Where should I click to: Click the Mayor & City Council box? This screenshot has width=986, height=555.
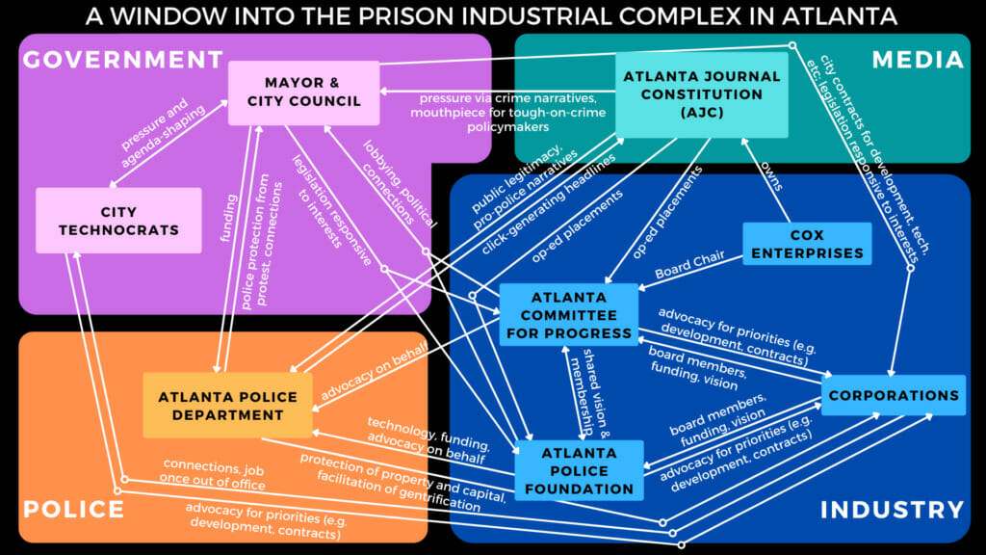click(x=303, y=92)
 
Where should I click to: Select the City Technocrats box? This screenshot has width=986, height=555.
click(x=118, y=221)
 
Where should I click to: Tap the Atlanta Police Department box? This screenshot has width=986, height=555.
click(x=227, y=406)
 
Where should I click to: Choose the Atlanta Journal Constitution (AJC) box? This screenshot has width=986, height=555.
click(x=702, y=94)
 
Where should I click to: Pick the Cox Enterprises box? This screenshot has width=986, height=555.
click(x=808, y=244)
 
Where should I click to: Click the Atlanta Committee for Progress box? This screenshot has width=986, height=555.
click(x=569, y=315)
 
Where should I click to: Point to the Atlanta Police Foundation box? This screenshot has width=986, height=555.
click(x=579, y=470)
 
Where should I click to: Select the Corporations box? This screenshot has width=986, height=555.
click(x=894, y=395)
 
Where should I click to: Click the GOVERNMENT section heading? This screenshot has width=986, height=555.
click(x=123, y=60)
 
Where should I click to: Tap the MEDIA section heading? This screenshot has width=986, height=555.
click(x=918, y=60)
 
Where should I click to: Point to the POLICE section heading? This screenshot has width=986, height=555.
click(x=73, y=509)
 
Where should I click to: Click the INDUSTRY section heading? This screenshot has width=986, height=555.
click(x=893, y=509)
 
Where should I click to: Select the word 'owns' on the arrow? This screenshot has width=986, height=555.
click(x=771, y=175)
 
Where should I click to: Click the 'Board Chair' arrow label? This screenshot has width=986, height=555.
click(x=689, y=264)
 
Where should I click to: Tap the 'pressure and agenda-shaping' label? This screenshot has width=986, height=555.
click(x=162, y=133)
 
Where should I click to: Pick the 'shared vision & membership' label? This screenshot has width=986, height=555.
click(x=589, y=393)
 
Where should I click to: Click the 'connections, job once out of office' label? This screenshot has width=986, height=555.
click(x=213, y=474)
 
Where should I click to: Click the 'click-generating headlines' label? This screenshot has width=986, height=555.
click(x=548, y=204)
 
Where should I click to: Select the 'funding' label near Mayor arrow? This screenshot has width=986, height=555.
click(x=229, y=219)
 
